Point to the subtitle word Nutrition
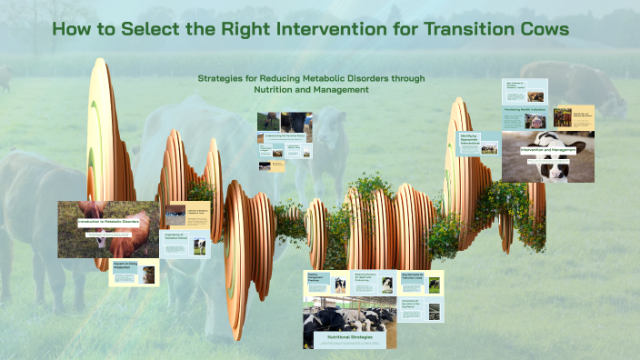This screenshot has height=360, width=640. tap(279, 89)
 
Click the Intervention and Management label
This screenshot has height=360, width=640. tap(549, 149)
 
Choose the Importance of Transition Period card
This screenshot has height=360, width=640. tap(185, 244)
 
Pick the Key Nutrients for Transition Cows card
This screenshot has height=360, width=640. tap(422, 283)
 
